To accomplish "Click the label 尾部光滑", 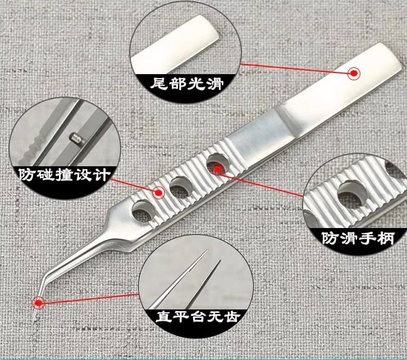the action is [187, 84].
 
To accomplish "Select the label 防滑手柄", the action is [358, 238].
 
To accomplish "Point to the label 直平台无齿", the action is [198, 316].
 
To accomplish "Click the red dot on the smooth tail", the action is [354, 74].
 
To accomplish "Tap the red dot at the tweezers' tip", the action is [38, 303].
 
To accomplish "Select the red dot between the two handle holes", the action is [159, 193].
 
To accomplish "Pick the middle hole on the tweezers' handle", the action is [180, 186].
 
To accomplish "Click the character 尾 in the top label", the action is [159, 84].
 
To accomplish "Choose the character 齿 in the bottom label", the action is [232, 316].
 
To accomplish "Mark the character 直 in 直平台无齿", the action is [164, 316].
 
